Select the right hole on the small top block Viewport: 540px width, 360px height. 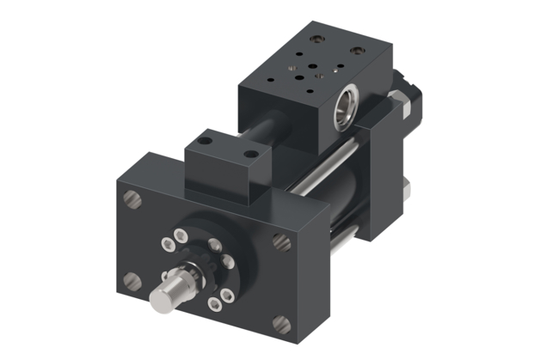250,155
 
